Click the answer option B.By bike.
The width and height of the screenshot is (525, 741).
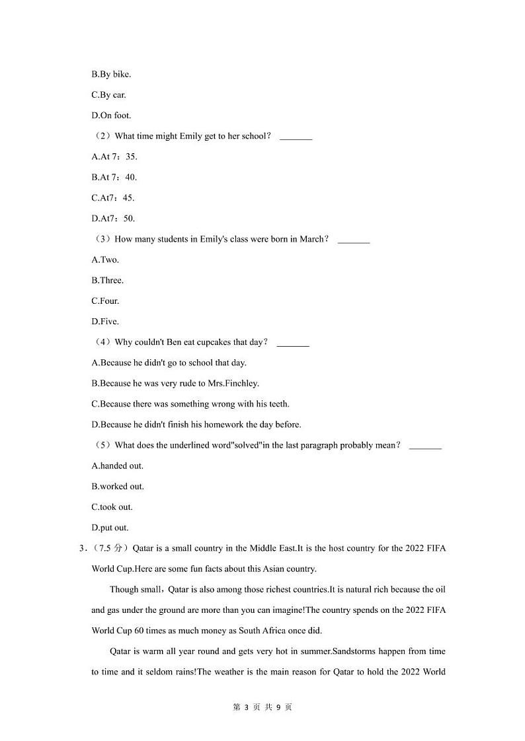(111, 75)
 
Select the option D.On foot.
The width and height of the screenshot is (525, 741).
(111, 116)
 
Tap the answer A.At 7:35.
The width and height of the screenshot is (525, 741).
(114, 157)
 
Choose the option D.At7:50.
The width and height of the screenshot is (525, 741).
(113, 219)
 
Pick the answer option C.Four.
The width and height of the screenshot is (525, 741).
(105, 301)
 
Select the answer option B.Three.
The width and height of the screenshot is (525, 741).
(107, 280)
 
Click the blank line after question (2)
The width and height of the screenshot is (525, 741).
(296, 137)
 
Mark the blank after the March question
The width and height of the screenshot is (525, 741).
(353, 240)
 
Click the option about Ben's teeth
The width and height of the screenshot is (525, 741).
(190, 404)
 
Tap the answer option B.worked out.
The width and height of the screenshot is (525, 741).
(118, 487)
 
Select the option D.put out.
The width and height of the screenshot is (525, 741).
(110, 528)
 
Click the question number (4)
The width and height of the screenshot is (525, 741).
(102, 342)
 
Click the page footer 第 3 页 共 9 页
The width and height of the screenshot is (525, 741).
(262, 707)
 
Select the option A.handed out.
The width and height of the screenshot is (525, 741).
(117, 466)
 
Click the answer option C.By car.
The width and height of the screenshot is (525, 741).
(108, 95)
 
